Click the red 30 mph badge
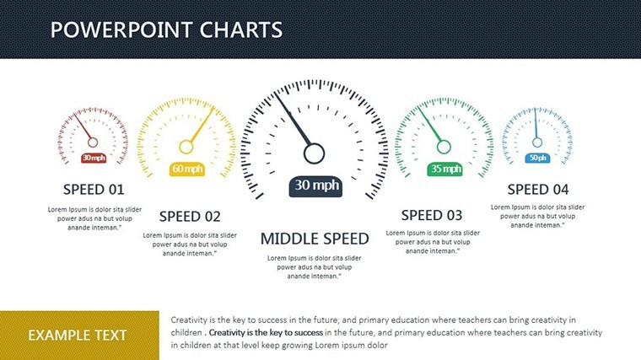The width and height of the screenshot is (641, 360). click(94, 158)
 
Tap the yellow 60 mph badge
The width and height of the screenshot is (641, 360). click(187, 169)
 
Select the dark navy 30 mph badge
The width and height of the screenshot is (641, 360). click(315, 186)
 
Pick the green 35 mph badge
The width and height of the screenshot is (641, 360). click(444, 169)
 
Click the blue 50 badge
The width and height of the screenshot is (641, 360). click(537, 158)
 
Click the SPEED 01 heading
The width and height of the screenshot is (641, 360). click(94, 190)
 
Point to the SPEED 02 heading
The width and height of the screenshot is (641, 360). click(190, 216)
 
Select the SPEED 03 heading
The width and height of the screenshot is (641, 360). click(432, 215)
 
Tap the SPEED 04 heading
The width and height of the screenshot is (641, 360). click(538, 190)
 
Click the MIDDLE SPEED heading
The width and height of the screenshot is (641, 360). click(315, 239)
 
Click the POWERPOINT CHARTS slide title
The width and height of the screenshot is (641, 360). click(166, 30)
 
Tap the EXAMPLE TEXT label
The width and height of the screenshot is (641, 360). click(78, 336)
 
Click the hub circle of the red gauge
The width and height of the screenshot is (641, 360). click(93, 142)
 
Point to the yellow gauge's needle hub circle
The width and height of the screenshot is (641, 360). click(186, 147)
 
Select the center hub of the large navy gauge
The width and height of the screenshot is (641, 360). click(314, 153)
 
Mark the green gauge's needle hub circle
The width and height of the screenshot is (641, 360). click(444, 147)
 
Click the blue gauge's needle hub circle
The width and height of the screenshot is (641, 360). click(537, 142)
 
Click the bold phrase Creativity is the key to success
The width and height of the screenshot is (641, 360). click(266, 333)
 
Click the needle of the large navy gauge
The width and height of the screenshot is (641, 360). click(293, 119)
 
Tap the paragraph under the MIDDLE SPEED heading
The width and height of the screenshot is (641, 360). click(314, 267)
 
